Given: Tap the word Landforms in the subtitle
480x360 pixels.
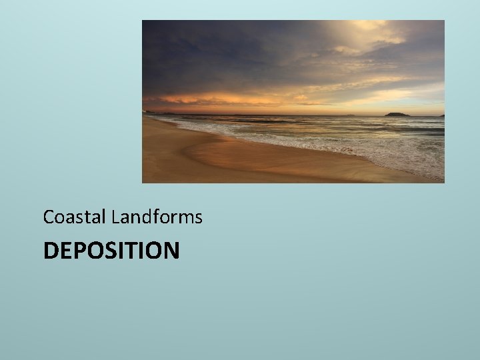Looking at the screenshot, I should pos(157,217).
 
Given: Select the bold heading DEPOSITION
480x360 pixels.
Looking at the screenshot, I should pos(111,251).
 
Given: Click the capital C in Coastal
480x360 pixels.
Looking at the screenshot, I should pos(48,217).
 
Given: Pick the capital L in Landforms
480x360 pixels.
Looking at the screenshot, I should pos(115,217).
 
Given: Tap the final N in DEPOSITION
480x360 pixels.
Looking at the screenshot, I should pos(171,251).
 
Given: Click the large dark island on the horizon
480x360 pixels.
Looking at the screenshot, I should pos(398,113).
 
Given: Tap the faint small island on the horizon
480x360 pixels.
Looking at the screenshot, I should pos(351,114).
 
